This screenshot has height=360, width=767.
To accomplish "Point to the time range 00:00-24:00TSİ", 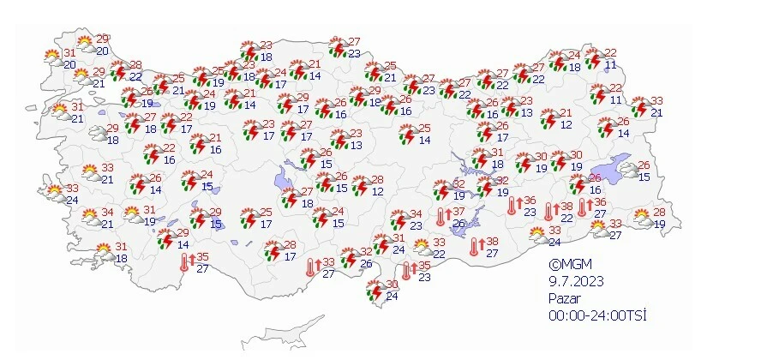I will coord(597,315).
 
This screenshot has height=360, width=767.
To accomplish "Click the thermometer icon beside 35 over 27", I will coord(184,262).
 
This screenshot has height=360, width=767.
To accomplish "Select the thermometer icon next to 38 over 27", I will coord(475,248).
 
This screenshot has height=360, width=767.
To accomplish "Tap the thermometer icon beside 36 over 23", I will coord(512,206).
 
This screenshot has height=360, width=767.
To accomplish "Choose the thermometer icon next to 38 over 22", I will coord(548,212).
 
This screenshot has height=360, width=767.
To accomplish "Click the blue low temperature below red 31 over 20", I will coord(69,65).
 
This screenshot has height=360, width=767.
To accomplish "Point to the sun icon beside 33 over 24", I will coord(537,234).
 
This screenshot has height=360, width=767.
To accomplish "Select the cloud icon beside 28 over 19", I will coord(643,219).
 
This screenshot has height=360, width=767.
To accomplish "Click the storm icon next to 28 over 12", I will coord(361,186).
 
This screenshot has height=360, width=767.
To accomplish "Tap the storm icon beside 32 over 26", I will coord(348,258).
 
